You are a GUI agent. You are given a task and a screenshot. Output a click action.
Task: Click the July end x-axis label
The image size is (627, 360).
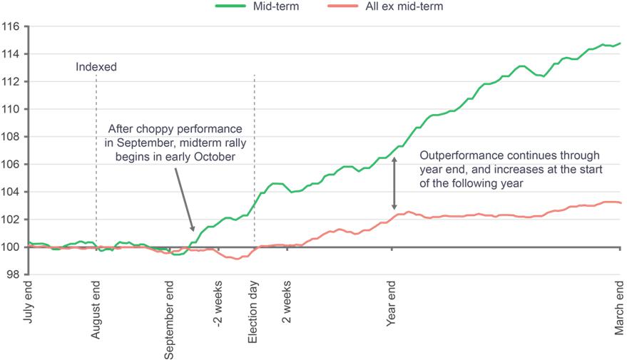coord(28,302)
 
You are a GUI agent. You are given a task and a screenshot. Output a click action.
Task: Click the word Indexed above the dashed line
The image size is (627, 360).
coord(96,67)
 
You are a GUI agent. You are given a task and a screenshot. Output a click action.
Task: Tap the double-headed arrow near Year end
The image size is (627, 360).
coord(394,184)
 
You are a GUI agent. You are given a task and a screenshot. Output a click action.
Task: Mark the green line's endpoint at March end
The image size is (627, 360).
coord(620,43)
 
